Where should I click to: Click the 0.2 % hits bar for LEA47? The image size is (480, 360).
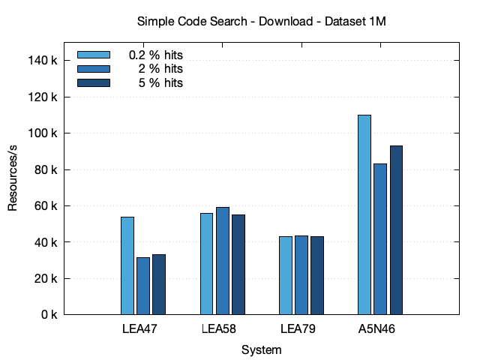[127, 265]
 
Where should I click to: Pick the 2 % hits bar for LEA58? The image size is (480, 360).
[223, 261]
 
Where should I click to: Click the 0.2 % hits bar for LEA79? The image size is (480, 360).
[286, 275]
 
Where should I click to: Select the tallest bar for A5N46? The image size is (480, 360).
[364, 214]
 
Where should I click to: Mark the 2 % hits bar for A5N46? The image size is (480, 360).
[380, 239]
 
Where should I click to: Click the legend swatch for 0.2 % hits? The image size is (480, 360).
[94, 55]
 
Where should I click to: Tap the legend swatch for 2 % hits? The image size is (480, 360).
[94, 69]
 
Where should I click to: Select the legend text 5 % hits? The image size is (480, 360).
[160, 82]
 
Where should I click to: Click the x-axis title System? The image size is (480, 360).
[262, 350]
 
